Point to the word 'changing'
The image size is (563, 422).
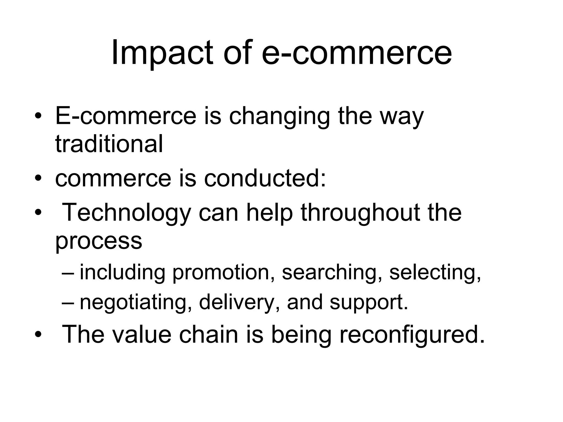(279, 117)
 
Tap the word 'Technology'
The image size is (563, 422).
(127, 213)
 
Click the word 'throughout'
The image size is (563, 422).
(360, 212)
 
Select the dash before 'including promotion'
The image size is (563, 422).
(68, 273)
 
